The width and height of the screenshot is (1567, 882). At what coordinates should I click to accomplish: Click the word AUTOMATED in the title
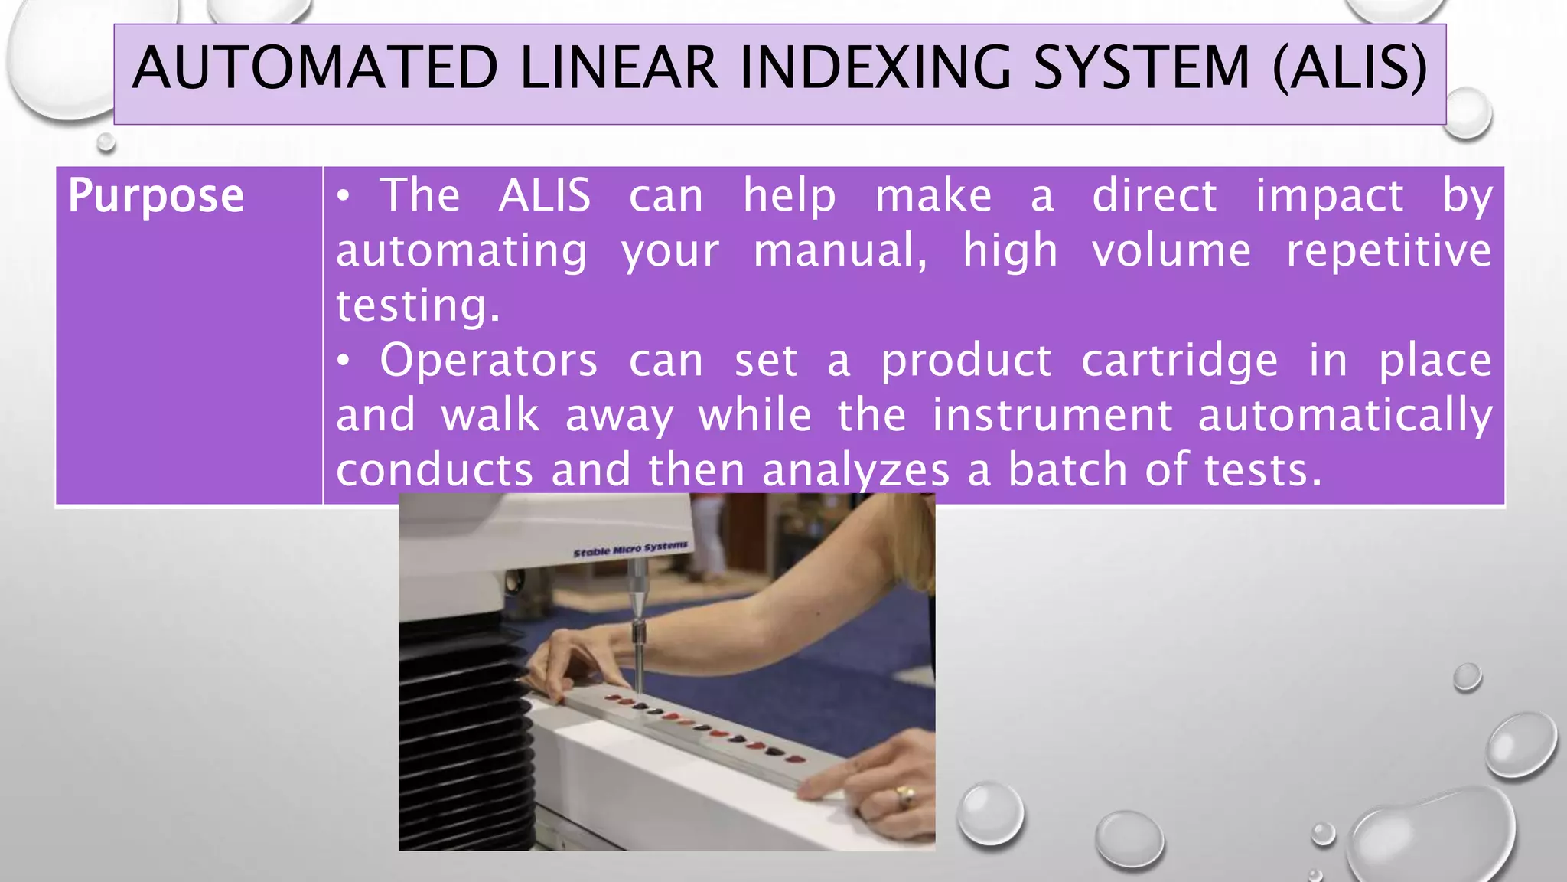point(314,68)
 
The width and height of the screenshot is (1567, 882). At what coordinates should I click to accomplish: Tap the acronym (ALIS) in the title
point(1350,68)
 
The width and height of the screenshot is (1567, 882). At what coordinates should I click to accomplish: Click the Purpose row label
point(156,196)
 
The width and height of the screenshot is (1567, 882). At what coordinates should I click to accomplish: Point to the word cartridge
point(1179,361)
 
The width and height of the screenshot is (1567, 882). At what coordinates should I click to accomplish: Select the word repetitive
point(1388,250)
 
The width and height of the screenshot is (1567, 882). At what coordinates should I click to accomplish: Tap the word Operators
point(488,361)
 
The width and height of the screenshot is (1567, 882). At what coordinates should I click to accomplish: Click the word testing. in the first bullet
point(418,305)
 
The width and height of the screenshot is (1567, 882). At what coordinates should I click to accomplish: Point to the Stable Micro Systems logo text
point(630,549)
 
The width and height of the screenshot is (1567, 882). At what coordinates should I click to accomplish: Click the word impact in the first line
point(1329,196)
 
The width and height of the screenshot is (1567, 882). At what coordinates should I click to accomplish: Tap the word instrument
point(1052,416)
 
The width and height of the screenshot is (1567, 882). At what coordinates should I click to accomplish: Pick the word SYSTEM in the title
point(1141,68)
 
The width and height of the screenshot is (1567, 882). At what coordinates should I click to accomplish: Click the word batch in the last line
point(1067,470)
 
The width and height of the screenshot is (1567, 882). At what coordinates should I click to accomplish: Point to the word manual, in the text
point(840,250)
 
